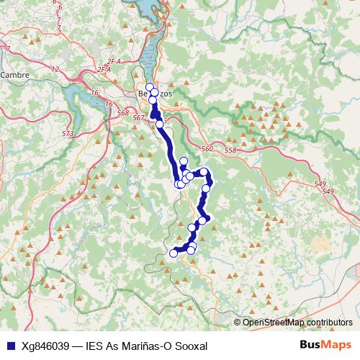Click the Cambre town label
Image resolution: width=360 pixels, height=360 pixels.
(x=14, y=74)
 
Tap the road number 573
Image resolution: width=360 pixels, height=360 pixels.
(x=68, y=134)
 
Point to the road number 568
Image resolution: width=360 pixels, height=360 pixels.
(x=122, y=113)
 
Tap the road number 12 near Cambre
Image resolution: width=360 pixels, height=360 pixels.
(x=55, y=69)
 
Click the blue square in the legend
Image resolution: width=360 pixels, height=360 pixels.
(x=10, y=345)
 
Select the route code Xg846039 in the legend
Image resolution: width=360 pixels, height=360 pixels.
(x=45, y=346)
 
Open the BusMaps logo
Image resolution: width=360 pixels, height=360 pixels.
(x=325, y=345)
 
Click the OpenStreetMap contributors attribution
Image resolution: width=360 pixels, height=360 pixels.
(x=297, y=323)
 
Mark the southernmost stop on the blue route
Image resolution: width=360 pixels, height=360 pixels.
(x=173, y=253)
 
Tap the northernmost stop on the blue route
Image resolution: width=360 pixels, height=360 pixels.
(x=149, y=87)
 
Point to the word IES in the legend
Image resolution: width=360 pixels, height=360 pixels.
(x=95, y=346)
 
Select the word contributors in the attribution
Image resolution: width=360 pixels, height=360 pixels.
(x=328, y=323)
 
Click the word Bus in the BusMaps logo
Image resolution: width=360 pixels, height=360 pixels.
(x=310, y=345)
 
